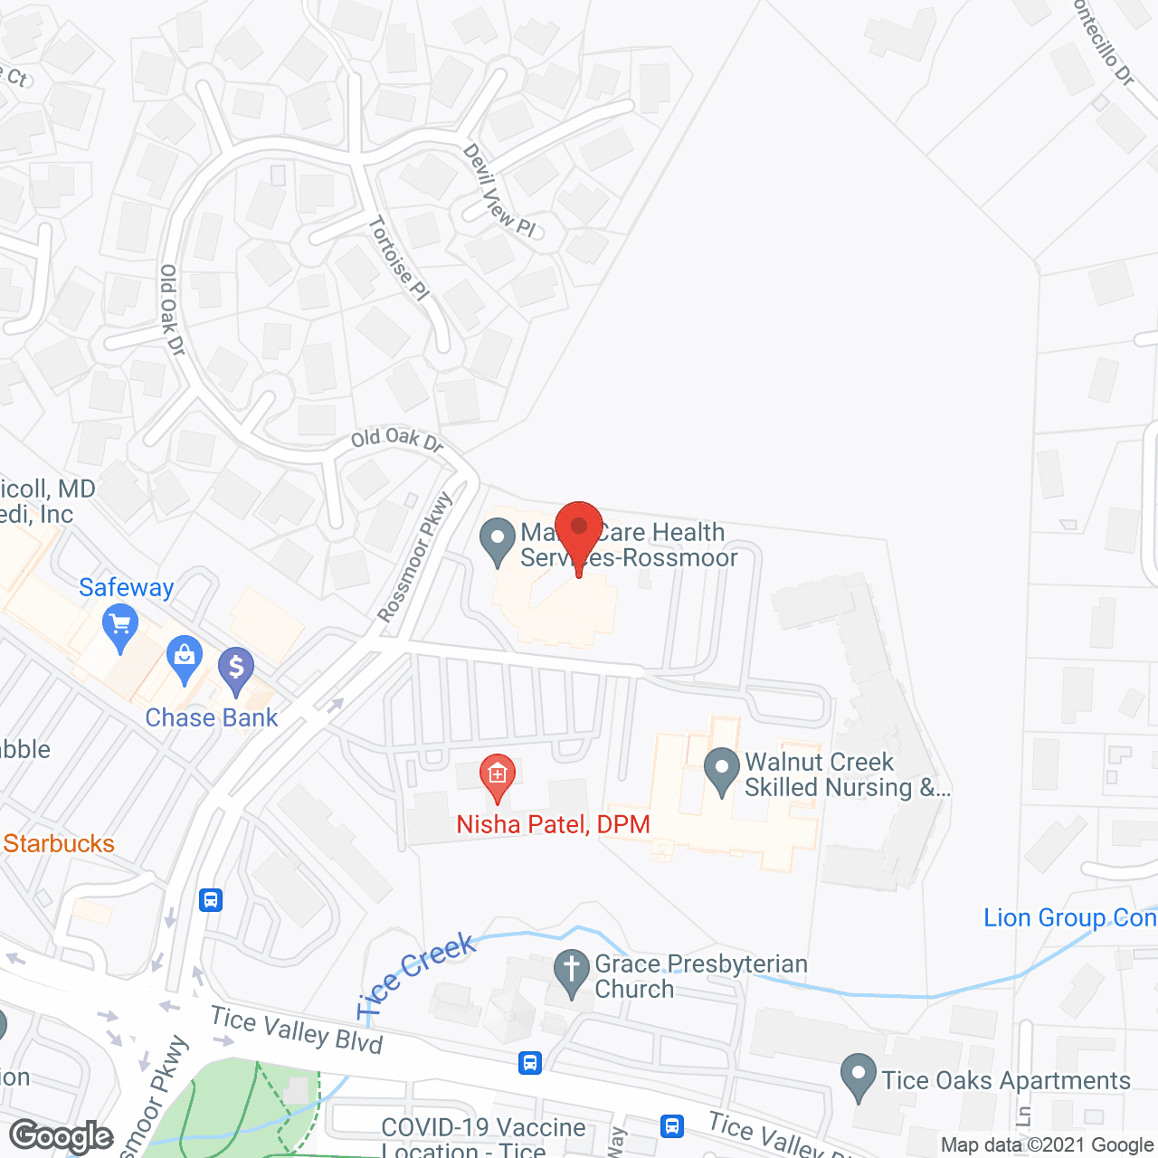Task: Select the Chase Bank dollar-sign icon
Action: pos(236,670)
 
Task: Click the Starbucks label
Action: pos(59,843)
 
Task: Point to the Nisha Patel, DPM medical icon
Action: pos(497,775)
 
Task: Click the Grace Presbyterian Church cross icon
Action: pos(572,972)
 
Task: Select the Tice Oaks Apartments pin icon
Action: pos(858,1077)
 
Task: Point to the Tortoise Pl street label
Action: pos(398,258)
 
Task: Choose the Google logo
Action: pos(62,1136)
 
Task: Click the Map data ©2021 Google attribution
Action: pos(1047,1145)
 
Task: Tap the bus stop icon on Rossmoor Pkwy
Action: pos(211,900)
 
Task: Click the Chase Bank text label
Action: pos(212,717)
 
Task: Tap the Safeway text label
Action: pos(127,587)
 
